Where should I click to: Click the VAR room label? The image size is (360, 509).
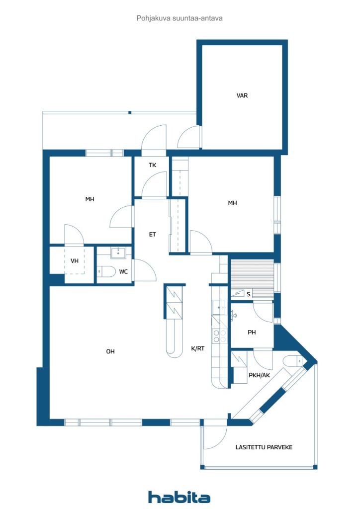pos(242,95)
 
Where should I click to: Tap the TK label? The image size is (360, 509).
pos(153,165)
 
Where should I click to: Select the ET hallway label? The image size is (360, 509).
pos(152,234)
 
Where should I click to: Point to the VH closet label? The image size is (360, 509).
pos(75,260)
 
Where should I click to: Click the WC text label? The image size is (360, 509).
pos(123,272)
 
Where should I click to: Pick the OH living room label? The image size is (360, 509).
pos(110,351)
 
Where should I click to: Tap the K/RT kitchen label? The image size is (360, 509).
pos(198,348)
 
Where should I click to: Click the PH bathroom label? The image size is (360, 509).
pos(252,333)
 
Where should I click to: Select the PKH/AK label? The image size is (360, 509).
pos(260,375)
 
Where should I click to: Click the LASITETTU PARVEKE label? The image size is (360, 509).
pos(264,447)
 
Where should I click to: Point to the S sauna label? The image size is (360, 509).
pos(249,294)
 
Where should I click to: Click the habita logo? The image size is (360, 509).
pos(179,497)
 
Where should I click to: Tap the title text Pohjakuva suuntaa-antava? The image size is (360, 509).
pos(180,18)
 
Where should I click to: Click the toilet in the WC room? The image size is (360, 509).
pos(106,272)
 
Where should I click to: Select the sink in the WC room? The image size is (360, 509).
pos(118,253)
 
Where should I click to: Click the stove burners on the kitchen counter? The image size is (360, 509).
pos(219,336)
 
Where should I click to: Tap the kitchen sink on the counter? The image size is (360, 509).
pos(219,307)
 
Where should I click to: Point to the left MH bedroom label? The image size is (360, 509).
pos(90,199)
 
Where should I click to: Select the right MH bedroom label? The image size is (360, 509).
pos(232,203)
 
